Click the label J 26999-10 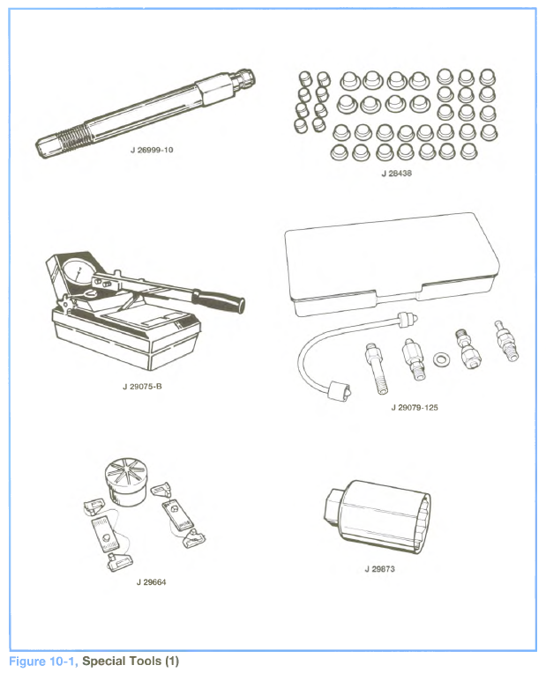tap(152, 150)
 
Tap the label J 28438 tap(397, 174)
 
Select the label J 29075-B tap(142, 387)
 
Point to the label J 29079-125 tap(415, 408)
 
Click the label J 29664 tap(151, 582)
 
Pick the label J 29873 tap(379, 569)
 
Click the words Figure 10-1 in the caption tap(42, 662)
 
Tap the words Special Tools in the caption tap(122, 662)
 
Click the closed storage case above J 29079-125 tap(392, 263)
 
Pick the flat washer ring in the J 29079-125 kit tap(442, 359)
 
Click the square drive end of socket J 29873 tap(333, 505)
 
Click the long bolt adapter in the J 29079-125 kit tap(376, 368)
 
